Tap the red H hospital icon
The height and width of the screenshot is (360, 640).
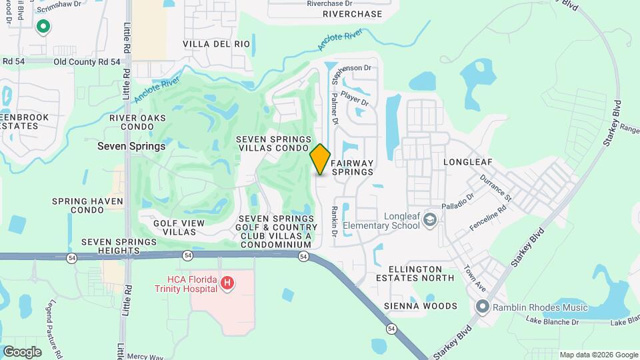pyautogui.click(x=227, y=283)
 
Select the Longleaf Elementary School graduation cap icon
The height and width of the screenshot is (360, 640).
pyautogui.click(x=431, y=220)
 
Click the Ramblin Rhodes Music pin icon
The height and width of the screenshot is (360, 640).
pyautogui.click(x=483, y=307)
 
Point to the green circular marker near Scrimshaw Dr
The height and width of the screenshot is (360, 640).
pyautogui.click(x=43, y=27)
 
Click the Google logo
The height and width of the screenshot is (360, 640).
pyautogui.click(x=22, y=351)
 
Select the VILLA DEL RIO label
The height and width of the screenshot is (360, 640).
pyautogui.click(x=217, y=44)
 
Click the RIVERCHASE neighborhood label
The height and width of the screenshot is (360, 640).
pyautogui.click(x=353, y=14)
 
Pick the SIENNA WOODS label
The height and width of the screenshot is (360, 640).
pyautogui.click(x=421, y=306)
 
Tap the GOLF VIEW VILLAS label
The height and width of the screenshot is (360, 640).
pyautogui.click(x=175, y=227)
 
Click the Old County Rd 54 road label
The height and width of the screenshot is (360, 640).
pyautogui.click(x=87, y=61)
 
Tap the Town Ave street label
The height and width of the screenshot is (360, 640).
pyautogui.click(x=474, y=277)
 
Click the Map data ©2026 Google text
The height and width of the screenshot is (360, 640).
pyautogui.click(x=598, y=355)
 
